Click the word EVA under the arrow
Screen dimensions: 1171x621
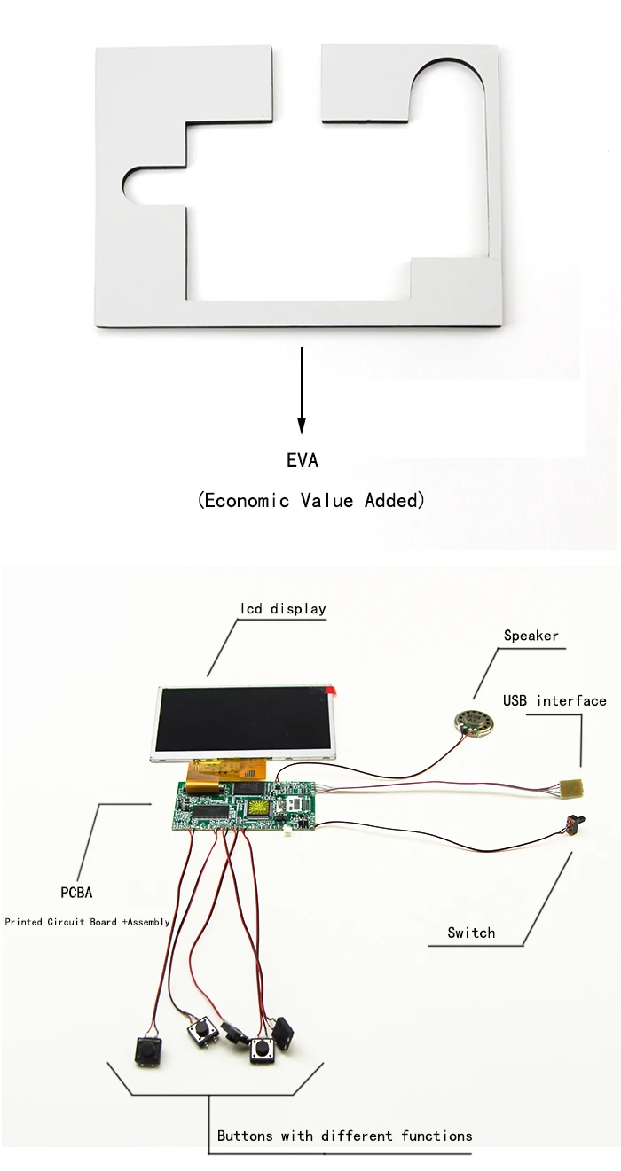click(302, 461)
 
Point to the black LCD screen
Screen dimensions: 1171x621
click(244, 718)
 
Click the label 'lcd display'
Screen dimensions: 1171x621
click(283, 609)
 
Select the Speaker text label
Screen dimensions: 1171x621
click(531, 636)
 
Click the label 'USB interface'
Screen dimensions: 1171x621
click(554, 701)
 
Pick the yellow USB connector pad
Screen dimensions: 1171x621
click(571, 787)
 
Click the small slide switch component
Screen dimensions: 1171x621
click(575, 825)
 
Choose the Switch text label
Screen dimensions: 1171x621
click(471, 933)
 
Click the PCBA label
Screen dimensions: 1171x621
click(76, 893)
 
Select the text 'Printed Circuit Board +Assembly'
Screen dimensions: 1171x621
click(87, 922)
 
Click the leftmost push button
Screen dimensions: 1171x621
click(148, 1053)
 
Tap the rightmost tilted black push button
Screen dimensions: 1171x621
click(285, 1033)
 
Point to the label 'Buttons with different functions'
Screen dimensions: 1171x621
click(344, 1136)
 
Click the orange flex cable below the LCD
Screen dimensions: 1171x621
click(206, 778)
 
